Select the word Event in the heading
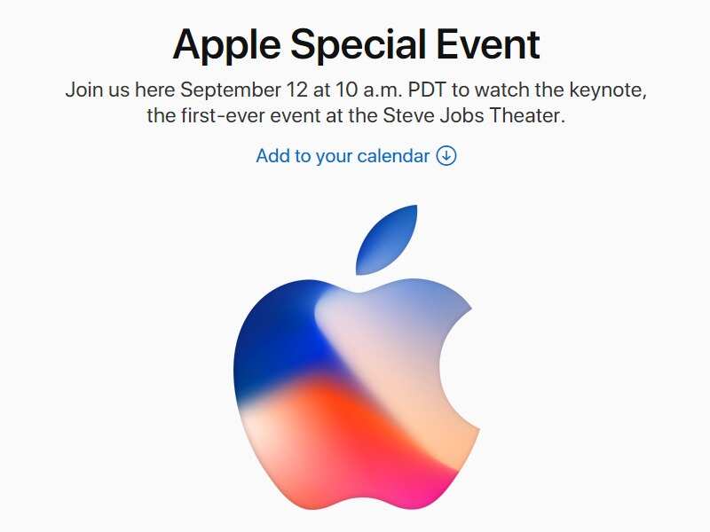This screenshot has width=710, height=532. [493, 44]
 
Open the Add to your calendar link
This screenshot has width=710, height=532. [343, 156]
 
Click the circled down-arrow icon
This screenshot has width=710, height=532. [446, 156]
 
